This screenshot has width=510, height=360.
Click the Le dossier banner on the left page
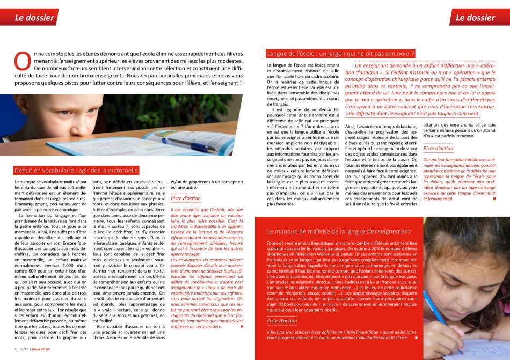34,17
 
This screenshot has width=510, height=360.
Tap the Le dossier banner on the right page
475,17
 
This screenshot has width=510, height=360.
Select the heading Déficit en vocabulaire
76,171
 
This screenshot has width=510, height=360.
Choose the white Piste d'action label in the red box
282,321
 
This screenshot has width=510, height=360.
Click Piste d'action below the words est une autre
186,198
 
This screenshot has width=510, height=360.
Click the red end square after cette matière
242,326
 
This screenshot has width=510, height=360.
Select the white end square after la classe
416,338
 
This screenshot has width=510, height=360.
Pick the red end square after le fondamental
493,199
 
